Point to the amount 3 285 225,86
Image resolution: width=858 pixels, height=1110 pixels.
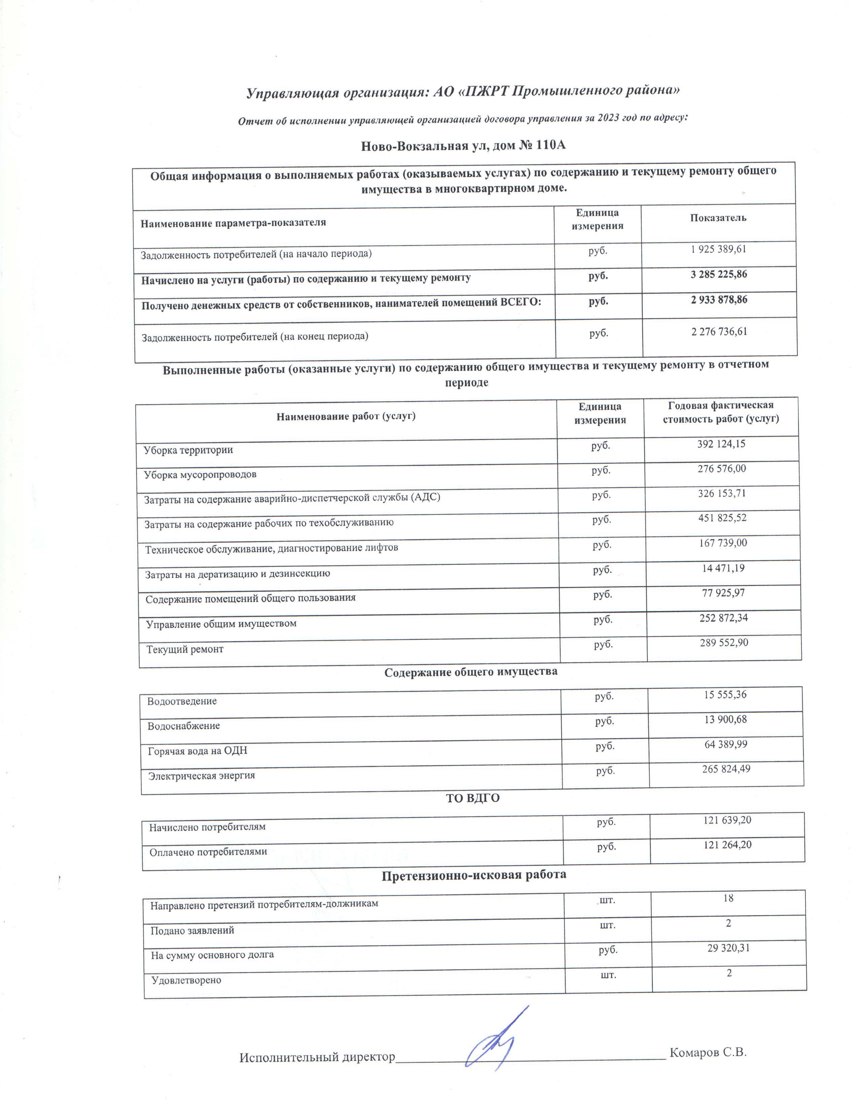pyautogui.click(x=719, y=274)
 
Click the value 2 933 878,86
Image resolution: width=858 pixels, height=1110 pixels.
pyautogui.click(x=719, y=300)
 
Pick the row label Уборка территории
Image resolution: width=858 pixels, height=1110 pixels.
pyautogui.click(x=188, y=450)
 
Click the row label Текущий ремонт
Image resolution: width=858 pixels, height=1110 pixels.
pyautogui.click(x=185, y=650)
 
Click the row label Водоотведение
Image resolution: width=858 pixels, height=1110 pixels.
pyautogui.click(x=182, y=701)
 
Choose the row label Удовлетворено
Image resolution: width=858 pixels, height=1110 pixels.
pyautogui.click(x=186, y=980)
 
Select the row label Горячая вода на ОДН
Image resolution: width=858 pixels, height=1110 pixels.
pyautogui.click(x=198, y=751)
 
